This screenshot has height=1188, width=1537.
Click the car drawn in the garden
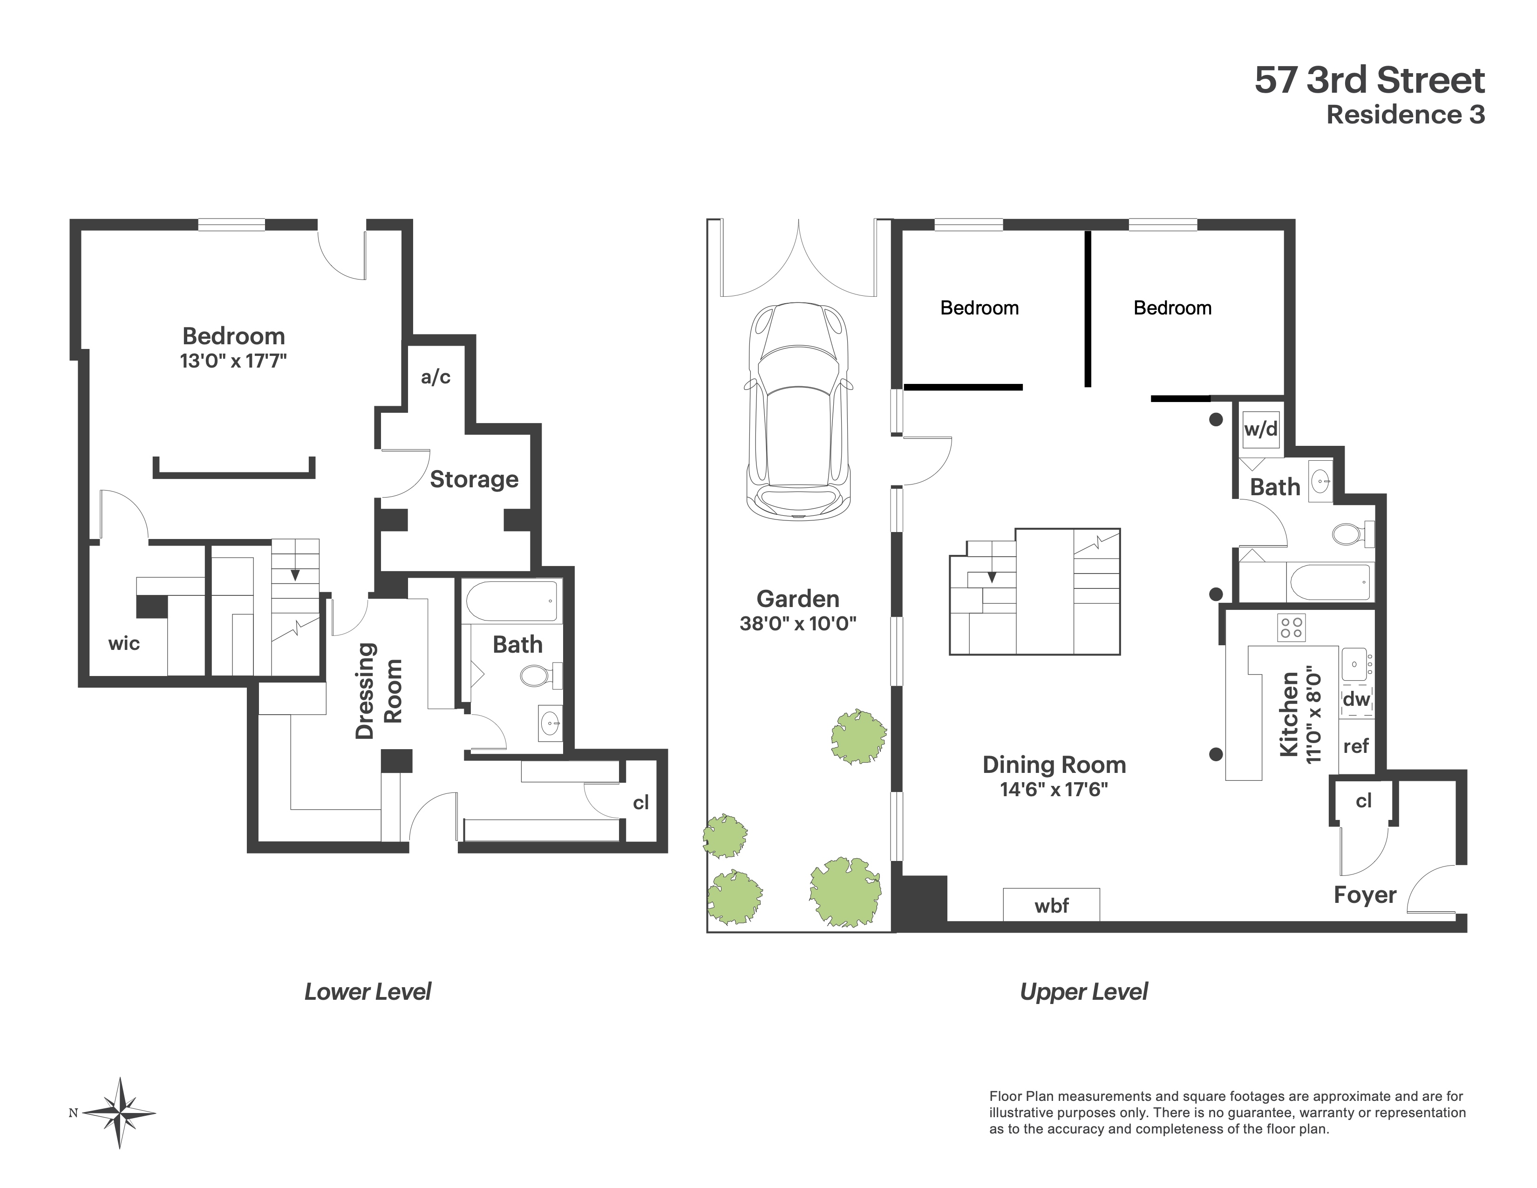[798, 412]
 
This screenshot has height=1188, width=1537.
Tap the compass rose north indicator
[120, 1113]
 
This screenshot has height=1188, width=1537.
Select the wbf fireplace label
[1051, 906]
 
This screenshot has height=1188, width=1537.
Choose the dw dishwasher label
[1356, 699]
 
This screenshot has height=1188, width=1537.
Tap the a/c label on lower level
[435, 377]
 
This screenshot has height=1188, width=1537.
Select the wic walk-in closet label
[124, 643]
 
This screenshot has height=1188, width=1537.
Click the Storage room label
[474, 479]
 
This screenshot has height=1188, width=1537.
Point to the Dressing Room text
[378, 690]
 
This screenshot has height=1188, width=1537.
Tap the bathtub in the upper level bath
[1329, 582]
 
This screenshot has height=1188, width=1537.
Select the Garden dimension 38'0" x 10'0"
[797, 623]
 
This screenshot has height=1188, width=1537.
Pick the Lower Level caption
[367, 992]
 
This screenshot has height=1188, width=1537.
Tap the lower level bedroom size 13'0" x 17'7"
[233, 361]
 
